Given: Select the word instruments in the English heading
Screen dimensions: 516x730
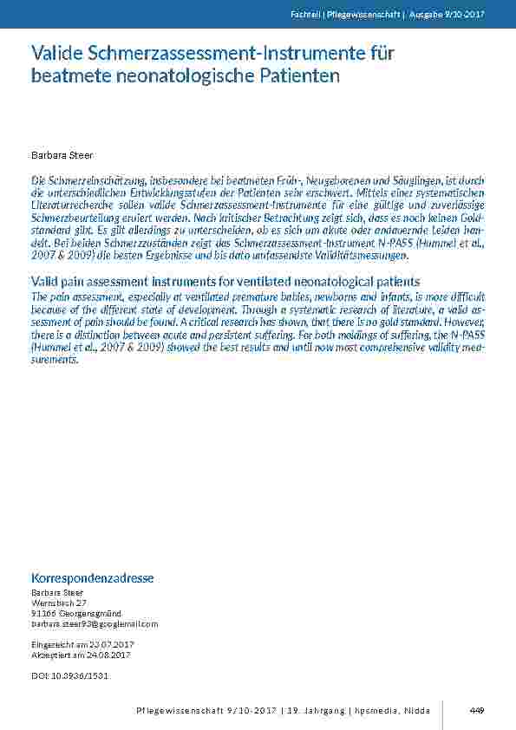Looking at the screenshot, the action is pyautogui.click(x=186, y=282).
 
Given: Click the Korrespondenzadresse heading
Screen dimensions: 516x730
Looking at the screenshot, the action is pyautogui.click(x=93, y=577).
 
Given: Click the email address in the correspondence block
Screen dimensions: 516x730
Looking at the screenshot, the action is pyautogui.click(x=95, y=623).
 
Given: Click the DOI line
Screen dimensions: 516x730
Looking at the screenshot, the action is pyautogui.click(x=69, y=675).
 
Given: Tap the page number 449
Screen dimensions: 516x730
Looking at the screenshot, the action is pyautogui.click(x=476, y=711).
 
